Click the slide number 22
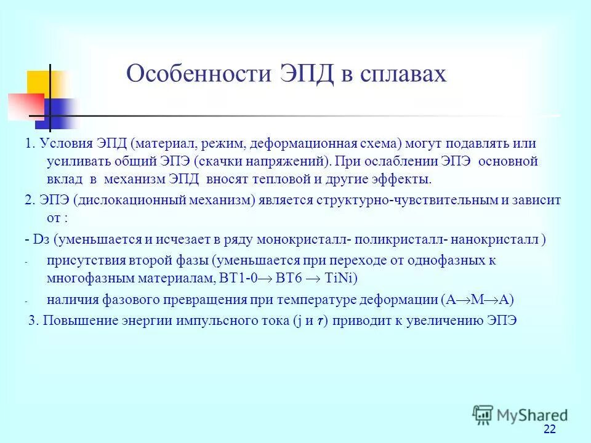click(550, 429)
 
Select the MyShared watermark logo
click(520, 415)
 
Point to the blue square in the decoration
click(62, 113)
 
